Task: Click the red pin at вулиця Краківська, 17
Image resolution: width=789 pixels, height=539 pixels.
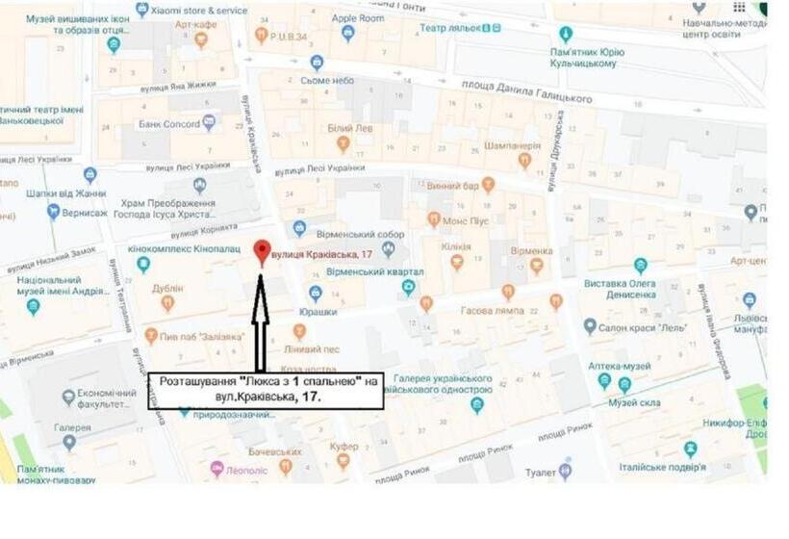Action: tap(260, 251)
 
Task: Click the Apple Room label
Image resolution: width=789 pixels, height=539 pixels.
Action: tap(358, 17)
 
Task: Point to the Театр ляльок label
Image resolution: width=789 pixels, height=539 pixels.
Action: tap(447, 28)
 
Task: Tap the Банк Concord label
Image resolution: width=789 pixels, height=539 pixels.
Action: tap(168, 123)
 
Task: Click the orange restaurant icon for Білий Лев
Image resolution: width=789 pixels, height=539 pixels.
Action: tap(343, 144)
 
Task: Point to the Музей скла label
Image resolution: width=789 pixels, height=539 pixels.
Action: tap(654, 402)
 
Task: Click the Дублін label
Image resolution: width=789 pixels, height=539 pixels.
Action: tap(167, 288)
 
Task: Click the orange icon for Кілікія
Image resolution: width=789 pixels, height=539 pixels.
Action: tap(456, 261)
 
